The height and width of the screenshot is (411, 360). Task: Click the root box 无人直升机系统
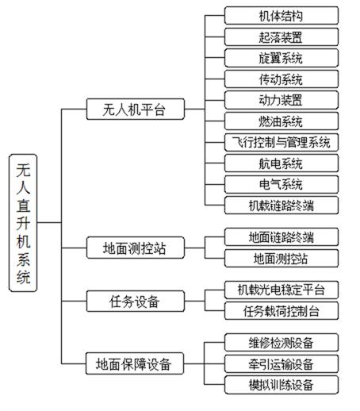(23, 223)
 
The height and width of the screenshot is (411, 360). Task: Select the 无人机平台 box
(136, 109)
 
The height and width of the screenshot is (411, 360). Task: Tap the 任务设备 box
(136, 301)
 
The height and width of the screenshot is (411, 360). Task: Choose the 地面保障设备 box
(135, 363)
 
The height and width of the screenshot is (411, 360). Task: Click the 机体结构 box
(281, 16)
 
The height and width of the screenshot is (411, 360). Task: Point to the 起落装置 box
(281, 36)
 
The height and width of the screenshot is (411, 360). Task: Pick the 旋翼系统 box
(281, 58)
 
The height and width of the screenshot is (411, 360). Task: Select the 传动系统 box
(281, 79)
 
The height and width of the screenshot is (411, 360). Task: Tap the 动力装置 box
(281, 100)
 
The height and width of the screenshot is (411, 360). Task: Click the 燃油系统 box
(281, 121)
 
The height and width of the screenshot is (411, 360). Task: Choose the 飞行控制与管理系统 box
(281, 142)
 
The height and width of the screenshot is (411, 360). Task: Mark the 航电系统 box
(281, 163)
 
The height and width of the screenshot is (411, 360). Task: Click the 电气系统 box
(281, 184)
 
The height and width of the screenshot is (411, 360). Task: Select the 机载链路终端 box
(281, 205)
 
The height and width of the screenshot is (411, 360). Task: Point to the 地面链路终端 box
(281, 237)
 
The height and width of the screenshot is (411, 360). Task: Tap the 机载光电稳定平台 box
(281, 290)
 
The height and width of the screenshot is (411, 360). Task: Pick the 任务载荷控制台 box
(281, 311)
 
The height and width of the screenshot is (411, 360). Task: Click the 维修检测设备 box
(281, 343)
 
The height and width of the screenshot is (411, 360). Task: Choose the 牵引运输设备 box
(281, 364)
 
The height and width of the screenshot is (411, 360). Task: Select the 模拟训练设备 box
(281, 385)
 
